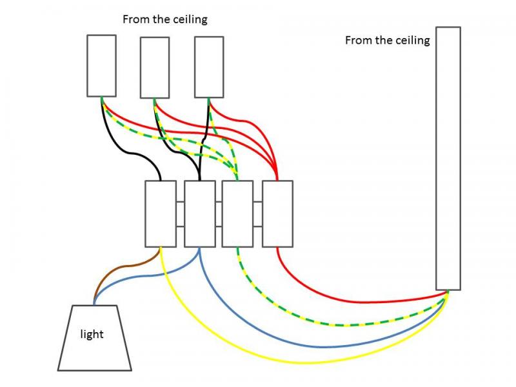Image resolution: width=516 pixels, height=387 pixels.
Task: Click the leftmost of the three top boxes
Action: click(101, 66)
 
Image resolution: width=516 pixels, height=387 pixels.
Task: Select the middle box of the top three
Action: click(155, 68)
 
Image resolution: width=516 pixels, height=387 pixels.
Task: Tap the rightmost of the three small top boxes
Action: click(209, 67)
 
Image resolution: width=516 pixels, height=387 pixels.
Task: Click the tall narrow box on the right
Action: click(448, 158)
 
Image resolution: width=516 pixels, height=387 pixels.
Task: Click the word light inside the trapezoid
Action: click(92, 334)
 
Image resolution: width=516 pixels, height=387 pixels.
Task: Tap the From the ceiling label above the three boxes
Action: click(165, 19)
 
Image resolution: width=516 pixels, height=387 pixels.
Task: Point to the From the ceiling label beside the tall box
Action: click(387, 40)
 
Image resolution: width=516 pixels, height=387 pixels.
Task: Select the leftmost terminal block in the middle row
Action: click(160, 213)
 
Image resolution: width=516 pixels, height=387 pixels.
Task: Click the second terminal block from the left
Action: click(199, 213)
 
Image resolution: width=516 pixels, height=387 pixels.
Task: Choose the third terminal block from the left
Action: click(237, 213)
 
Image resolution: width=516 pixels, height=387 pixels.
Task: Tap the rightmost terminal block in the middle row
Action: click(277, 213)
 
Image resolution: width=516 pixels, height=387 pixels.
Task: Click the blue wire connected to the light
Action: click(142, 277)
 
